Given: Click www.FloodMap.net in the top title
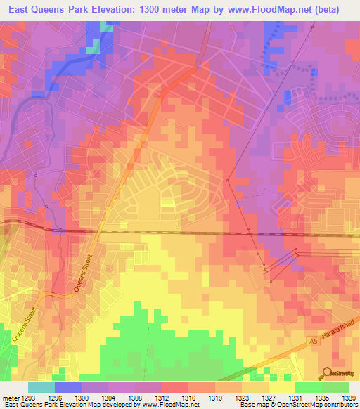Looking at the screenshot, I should pyautogui.click(x=253, y=9).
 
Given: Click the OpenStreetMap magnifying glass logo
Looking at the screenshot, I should pyautogui.click(x=327, y=372).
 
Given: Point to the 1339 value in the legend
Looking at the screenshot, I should pyautogui.click(x=348, y=398).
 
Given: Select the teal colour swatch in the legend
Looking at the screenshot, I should pyautogui.click(x=41, y=387).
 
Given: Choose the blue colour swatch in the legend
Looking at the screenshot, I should pyautogui.click(x=67, y=387).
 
